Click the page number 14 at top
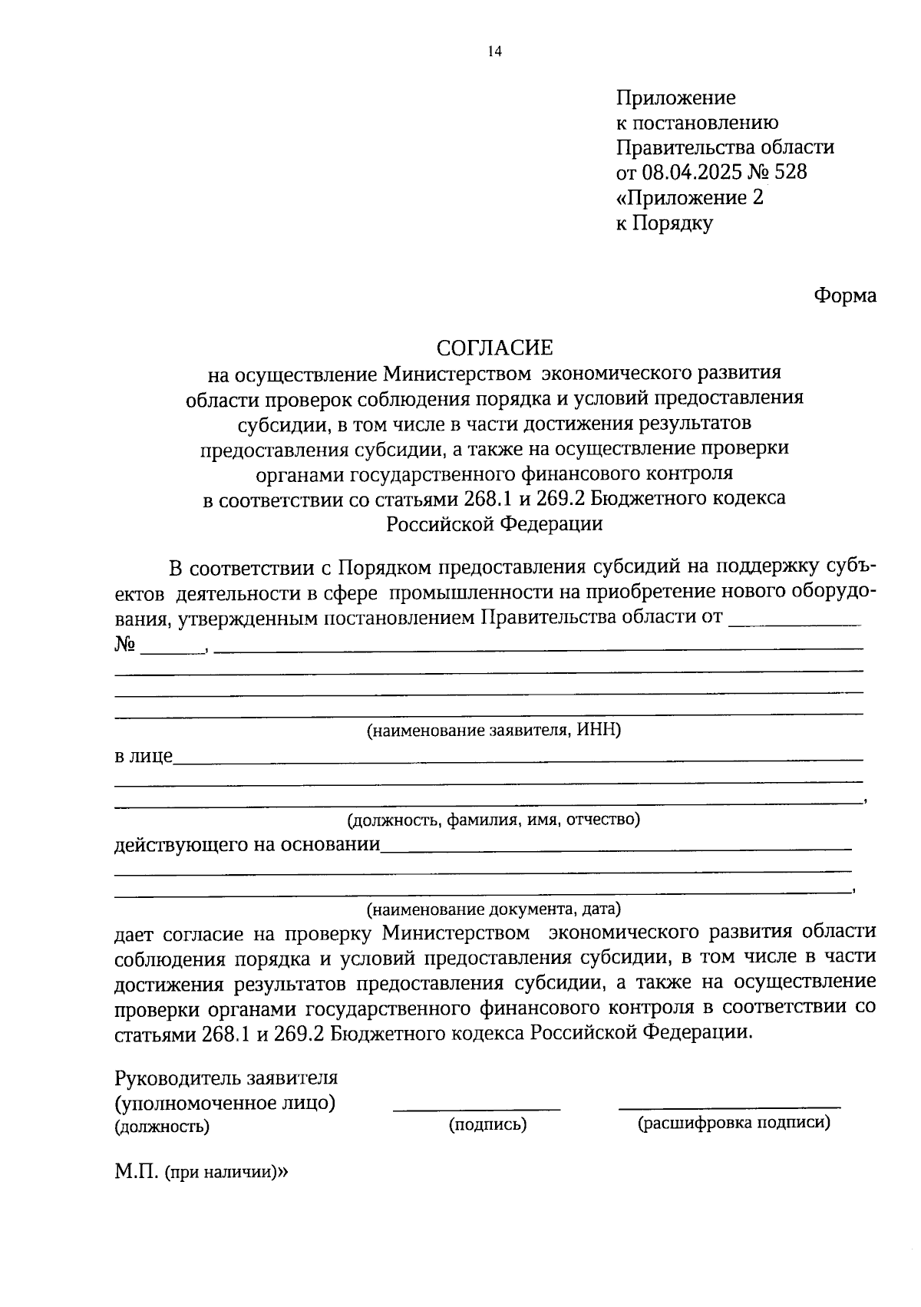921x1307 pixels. coord(494,51)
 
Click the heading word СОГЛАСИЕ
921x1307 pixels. coord(494,348)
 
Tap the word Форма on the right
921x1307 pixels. coord(845,295)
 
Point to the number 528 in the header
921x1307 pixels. coord(791,172)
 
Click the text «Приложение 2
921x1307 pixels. coord(690,197)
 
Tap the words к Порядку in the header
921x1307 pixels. coord(665,223)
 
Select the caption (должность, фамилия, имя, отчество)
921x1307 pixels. coord(494,819)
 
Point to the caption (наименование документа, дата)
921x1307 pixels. coord(494,909)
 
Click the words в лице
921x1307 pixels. coord(144,756)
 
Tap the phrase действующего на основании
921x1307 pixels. coord(247,845)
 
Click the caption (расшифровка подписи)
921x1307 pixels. coord(734,1123)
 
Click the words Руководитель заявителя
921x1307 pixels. coord(226,1077)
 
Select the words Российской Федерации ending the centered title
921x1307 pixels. coord(494,523)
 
